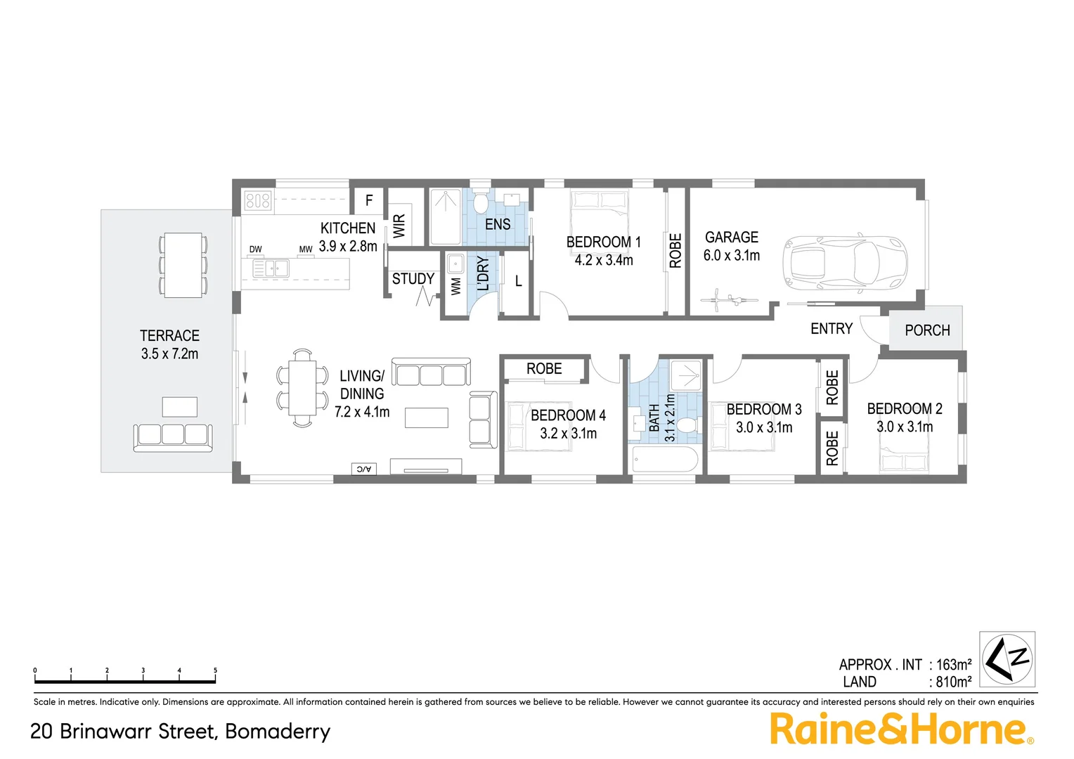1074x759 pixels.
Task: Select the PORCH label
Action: point(926,330)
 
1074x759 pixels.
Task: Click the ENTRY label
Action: point(831,329)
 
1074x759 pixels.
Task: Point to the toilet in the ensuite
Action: point(481,203)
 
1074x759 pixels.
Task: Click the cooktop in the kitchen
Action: point(258,202)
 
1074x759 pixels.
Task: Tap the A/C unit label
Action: point(363,469)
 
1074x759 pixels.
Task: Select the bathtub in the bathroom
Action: point(664,461)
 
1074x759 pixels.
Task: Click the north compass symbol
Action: point(1008,659)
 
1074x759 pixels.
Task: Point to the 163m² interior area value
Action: point(954,664)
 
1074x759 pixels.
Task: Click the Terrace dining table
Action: point(183,265)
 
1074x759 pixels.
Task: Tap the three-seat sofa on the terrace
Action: point(173,435)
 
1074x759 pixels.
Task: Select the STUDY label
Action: point(413,279)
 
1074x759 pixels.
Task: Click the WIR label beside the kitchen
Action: point(399,226)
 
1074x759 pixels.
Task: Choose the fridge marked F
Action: point(369,201)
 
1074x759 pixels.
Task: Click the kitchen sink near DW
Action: point(271,268)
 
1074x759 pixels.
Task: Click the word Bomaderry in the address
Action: point(278,732)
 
